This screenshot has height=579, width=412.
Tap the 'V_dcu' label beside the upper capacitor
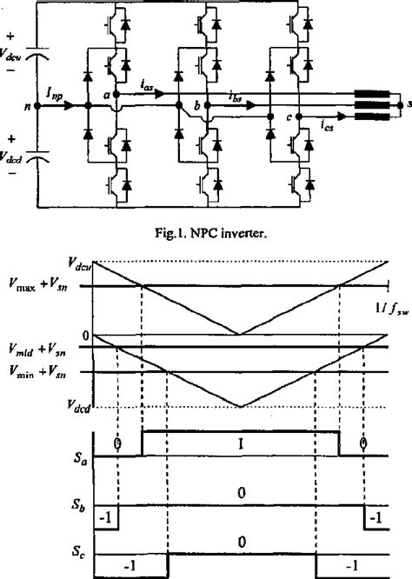point(12,52)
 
